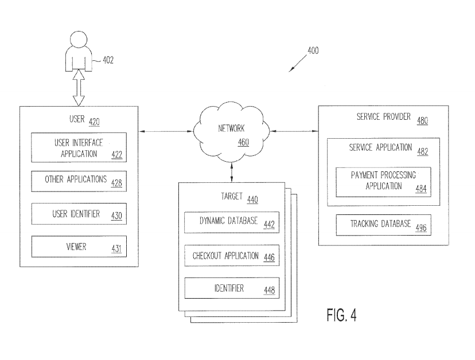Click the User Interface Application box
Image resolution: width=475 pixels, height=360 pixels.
click(x=77, y=148)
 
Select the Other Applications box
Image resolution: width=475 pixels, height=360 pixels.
click(x=77, y=180)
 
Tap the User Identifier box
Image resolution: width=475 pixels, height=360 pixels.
click(x=77, y=214)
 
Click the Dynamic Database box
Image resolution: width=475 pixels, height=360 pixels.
click(x=230, y=222)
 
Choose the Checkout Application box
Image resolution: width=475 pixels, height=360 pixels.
click(x=230, y=256)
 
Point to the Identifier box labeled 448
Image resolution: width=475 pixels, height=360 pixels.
click(x=230, y=288)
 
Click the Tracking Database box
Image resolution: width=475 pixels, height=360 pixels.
click(x=384, y=224)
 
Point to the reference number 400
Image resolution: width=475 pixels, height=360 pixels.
click(x=313, y=50)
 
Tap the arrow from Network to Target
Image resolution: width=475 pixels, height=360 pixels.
click(x=232, y=171)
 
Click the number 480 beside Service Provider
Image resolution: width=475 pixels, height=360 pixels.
click(x=423, y=121)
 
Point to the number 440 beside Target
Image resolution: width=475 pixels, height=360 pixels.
click(x=252, y=200)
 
